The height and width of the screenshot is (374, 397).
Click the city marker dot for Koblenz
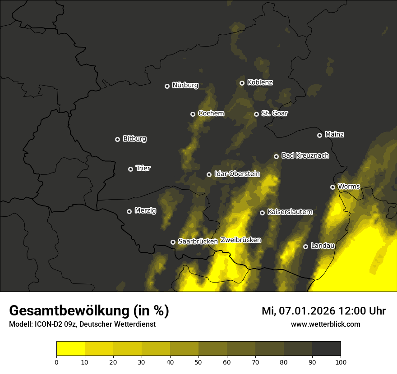click(242, 83)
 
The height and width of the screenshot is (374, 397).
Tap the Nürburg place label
click(185, 86)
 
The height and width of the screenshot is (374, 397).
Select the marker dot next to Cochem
click(193, 114)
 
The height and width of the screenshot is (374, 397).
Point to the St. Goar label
click(274, 114)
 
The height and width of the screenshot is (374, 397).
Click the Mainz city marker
click(319, 135)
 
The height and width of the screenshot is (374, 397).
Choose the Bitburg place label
click(134, 139)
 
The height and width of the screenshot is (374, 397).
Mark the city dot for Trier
click(130, 169)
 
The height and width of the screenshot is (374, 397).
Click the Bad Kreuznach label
click(305, 155)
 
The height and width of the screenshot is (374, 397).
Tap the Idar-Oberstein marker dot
click(209, 174)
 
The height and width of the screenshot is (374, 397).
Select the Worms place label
click(349, 187)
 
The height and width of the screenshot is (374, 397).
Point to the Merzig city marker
click(129, 211)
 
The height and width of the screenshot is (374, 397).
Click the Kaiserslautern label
click(290, 212)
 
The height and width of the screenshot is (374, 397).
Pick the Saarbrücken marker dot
click(173, 242)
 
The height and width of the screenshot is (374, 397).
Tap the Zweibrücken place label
click(241, 240)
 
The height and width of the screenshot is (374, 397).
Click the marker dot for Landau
click(305, 246)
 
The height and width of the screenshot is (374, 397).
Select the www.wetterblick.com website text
click(325, 324)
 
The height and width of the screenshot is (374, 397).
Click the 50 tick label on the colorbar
click(198, 362)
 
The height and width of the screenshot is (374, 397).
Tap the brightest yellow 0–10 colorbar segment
click(70, 349)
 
